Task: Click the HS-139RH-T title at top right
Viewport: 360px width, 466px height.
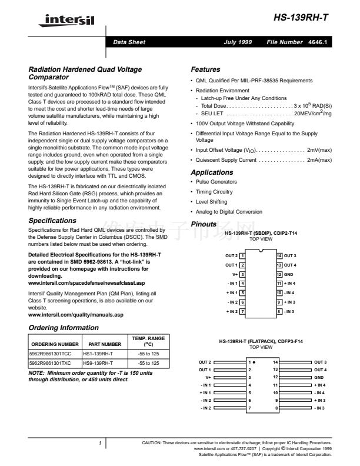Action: coord(301,18)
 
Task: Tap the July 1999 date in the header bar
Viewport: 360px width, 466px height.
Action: coord(238,43)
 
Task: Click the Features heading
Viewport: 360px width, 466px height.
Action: coord(205,69)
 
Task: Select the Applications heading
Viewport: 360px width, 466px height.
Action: coord(212,172)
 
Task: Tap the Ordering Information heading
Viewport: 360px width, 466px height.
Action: coord(64,328)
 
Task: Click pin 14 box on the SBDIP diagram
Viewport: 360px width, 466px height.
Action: coord(279,256)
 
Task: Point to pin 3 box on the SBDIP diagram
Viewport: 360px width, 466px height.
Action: coord(242,274)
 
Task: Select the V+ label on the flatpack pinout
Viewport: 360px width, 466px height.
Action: coord(208,377)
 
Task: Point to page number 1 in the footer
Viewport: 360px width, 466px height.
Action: coord(101,442)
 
